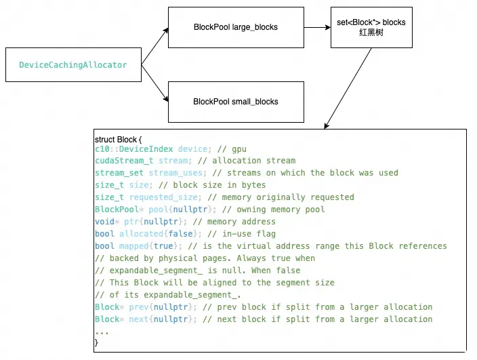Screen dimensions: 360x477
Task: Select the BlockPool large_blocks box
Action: pos(235,28)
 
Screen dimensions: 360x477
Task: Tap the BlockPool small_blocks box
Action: pos(235,102)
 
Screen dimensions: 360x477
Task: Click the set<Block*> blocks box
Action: pos(371,28)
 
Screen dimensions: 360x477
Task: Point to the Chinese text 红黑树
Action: pos(371,33)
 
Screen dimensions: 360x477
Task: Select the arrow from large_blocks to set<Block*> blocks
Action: pos(316,28)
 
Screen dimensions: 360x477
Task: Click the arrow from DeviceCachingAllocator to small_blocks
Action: pos(157,85)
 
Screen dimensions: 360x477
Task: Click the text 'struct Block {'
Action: pos(119,139)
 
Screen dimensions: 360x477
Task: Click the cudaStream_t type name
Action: pos(125,161)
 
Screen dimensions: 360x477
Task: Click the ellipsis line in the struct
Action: pos(102,331)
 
